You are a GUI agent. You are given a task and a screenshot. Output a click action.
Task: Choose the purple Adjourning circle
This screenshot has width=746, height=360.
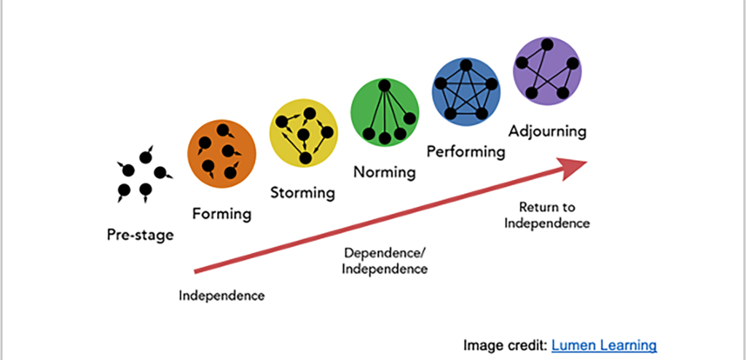point(547,71)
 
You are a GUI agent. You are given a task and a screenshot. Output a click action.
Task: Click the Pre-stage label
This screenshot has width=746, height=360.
point(140,235)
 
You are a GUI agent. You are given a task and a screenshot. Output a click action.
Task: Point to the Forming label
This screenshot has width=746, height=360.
point(221,214)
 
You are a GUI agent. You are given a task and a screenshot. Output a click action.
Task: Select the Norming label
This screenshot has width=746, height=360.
point(384,173)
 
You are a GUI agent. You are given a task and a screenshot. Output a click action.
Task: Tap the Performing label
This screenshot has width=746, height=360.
point(466,152)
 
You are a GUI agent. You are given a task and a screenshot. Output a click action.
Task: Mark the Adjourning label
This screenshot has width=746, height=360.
point(547,132)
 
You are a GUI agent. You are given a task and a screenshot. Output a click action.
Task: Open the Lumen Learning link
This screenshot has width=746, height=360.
point(604,345)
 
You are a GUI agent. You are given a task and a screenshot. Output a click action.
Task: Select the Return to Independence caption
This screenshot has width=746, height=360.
point(546,215)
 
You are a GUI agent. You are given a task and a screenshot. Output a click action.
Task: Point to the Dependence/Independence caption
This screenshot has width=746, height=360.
point(385,261)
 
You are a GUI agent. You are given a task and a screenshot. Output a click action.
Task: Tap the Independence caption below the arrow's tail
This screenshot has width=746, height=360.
point(221,296)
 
